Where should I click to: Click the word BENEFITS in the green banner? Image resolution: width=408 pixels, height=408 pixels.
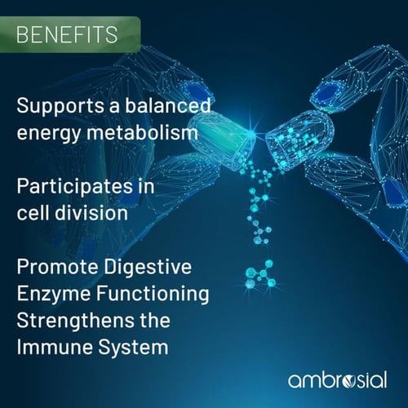point(67,35)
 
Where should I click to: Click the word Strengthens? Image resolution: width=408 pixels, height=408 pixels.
point(69,319)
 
